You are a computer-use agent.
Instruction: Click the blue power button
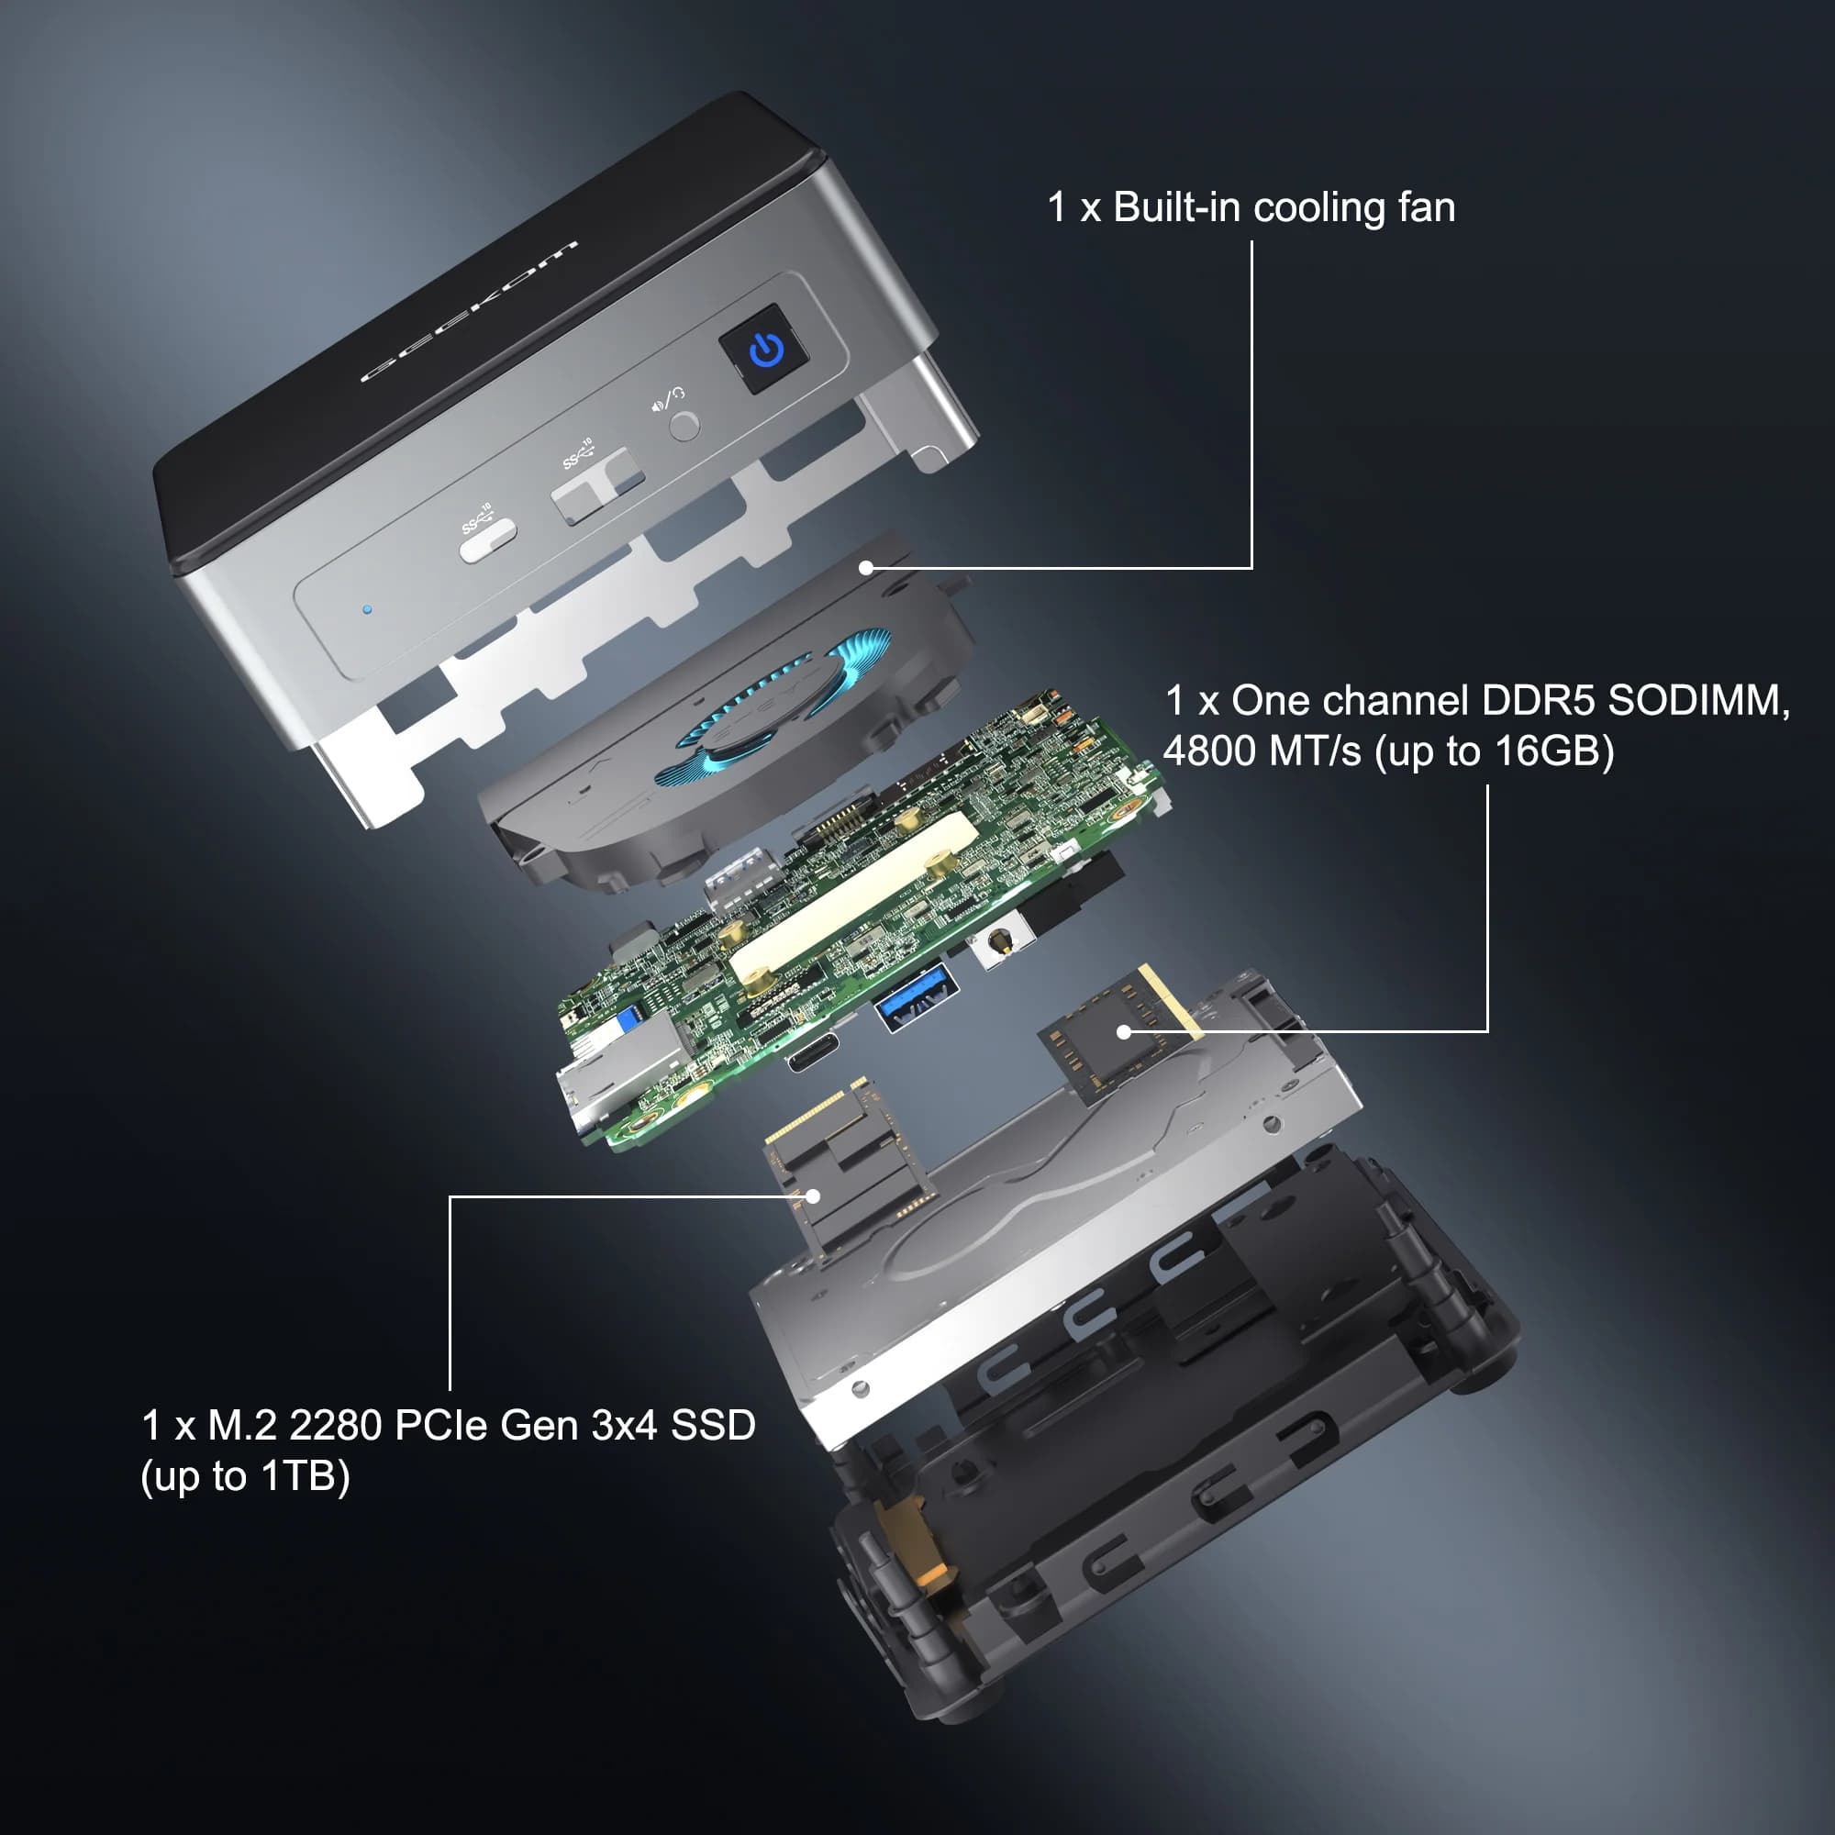pos(765,350)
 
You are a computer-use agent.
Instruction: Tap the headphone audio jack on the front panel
pos(684,426)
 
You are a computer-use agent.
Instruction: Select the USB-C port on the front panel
pos(488,539)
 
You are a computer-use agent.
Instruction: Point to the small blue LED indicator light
pos(368,610)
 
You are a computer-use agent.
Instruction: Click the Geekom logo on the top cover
pos(469,312)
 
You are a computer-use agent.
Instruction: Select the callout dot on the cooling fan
pos(865,568)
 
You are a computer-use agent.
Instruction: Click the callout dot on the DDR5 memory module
pos(1124,1031)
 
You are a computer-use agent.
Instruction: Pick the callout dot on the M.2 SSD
pos(813,1196)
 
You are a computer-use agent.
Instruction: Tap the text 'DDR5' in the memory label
pos(1538,701)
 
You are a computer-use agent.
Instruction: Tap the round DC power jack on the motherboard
pos(998,941)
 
